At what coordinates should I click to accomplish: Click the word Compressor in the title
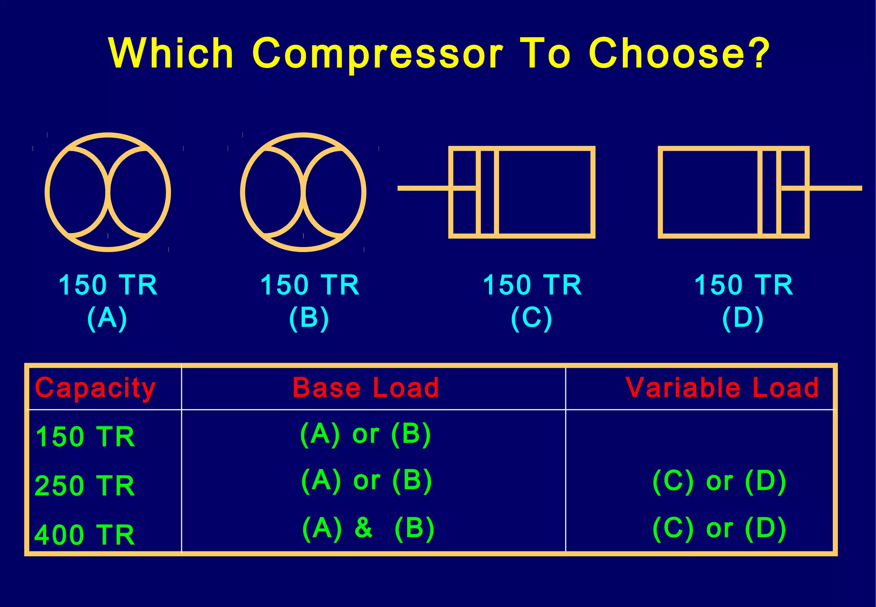coord(377,54)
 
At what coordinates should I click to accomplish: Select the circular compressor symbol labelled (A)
coord(108,192)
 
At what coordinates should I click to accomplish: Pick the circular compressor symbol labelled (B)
coord(303,192)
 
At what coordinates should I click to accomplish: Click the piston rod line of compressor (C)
coord(423,188)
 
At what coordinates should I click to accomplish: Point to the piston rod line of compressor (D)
coord(834,188)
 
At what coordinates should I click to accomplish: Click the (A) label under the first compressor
coord(107,318)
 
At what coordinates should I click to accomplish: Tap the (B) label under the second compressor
coord(309,318)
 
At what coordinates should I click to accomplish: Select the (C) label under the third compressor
coord(532,318)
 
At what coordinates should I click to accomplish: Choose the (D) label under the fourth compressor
coord(743,318)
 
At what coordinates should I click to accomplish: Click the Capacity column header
coord(95,388)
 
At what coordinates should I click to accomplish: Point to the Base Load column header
coord(366,387)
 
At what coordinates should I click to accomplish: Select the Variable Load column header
coord(722,387)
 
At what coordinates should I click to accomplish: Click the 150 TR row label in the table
coord(85,437)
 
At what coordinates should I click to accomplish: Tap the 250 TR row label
coord(85,486)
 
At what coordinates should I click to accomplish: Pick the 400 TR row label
coord(85,535)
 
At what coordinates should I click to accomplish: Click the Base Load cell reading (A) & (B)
coord(368,528)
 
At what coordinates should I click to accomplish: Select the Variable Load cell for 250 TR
coord(719,481)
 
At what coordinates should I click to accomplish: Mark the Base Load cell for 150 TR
coord(365,434)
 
